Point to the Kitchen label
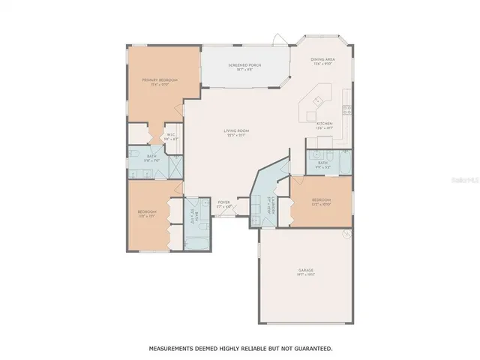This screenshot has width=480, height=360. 323,125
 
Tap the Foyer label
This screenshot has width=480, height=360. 224,203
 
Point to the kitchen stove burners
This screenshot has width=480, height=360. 346,109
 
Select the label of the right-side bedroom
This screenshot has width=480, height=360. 321,201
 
